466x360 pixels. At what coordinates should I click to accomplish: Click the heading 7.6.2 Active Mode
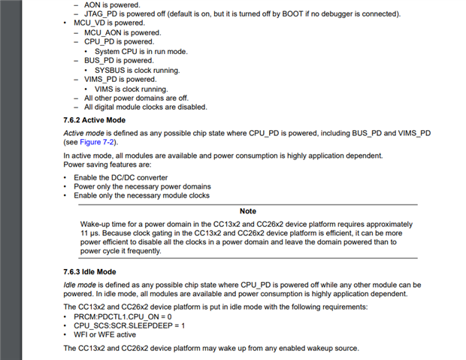(x=94, y=119)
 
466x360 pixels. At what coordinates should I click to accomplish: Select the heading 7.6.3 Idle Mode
(x=89, y=271)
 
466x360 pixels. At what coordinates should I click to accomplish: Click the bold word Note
(x=247, y=211)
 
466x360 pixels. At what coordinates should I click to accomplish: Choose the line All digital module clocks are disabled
(x=145, y=107)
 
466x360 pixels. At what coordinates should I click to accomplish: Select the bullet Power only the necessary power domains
(x=142, y=186)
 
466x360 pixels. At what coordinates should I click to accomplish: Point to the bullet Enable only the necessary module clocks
(x=141, y=195)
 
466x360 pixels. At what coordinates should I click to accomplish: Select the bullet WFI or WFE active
(x=106, y=336)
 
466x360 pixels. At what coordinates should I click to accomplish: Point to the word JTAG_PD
(x=101, y=14)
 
